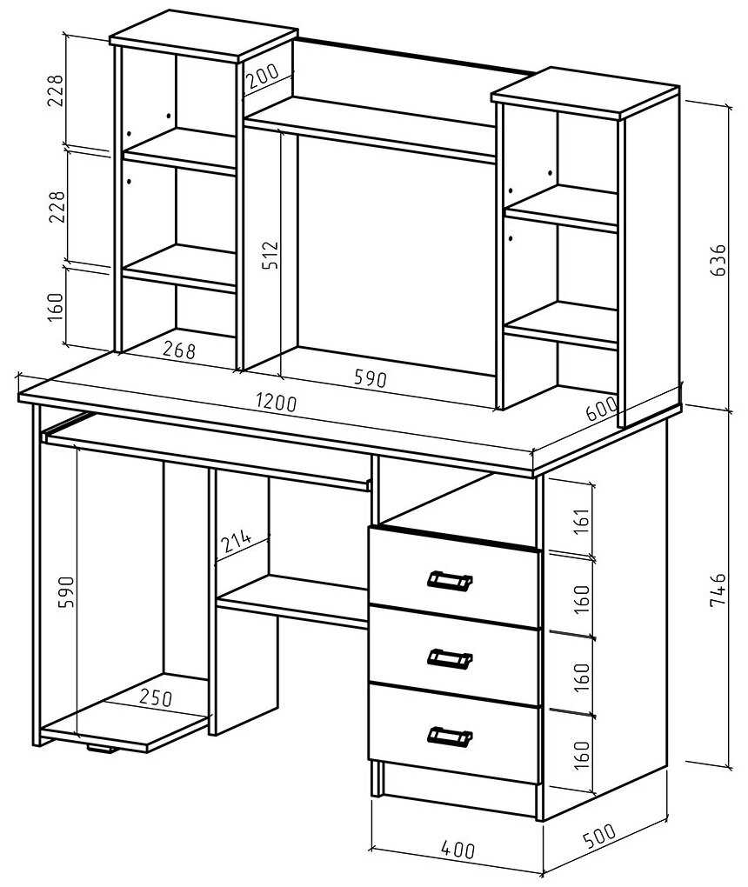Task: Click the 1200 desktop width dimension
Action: click(277, 403)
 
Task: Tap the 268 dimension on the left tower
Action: click(178, 350)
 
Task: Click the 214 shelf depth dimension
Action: click(236, 542)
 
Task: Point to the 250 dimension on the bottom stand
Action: click(155, 697)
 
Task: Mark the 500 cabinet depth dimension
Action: click(598, 835)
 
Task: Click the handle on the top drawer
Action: click(450, 580)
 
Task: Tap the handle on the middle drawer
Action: click(450, 658)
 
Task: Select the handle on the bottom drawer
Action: click(450, 737)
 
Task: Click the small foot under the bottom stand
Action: click(103, 748)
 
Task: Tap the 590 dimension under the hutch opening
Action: click(369, 379)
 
